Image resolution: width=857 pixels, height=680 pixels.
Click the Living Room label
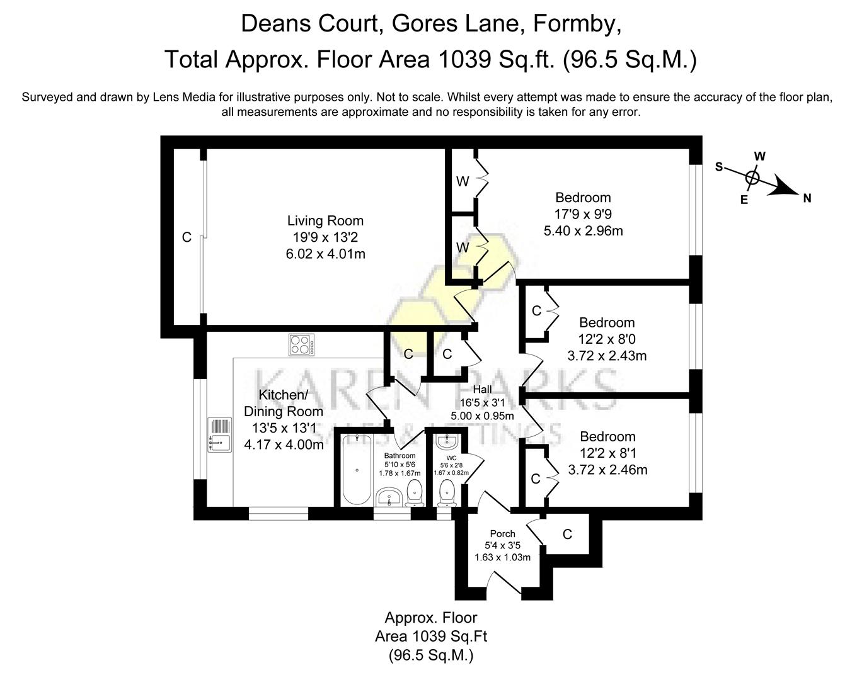point(325,221)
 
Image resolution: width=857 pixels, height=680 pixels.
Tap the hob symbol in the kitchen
point(302,344)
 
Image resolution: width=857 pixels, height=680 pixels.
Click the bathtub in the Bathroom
point(357,470)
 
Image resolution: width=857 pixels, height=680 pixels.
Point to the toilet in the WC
point(447,491)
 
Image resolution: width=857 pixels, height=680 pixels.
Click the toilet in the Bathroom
point(414,493)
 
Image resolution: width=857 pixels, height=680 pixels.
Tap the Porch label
point(502,534)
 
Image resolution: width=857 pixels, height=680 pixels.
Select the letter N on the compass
point(807,198)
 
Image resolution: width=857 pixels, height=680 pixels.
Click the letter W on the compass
point(760,156)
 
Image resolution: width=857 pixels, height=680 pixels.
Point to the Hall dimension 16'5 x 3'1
point(482,403)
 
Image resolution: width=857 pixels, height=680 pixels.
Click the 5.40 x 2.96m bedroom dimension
point(583,231)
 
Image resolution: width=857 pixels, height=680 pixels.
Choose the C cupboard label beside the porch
point(567,535)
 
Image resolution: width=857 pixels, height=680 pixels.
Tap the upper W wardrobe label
point(463,182)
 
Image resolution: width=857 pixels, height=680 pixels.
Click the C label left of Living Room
point(187,237)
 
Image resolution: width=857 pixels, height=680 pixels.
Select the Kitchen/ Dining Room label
point(283,403)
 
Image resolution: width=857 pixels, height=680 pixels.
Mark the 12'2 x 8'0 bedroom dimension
point(607,339)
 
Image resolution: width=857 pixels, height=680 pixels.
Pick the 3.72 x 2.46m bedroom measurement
point(607,470)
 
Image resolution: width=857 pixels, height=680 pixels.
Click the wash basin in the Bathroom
point(389,497)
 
